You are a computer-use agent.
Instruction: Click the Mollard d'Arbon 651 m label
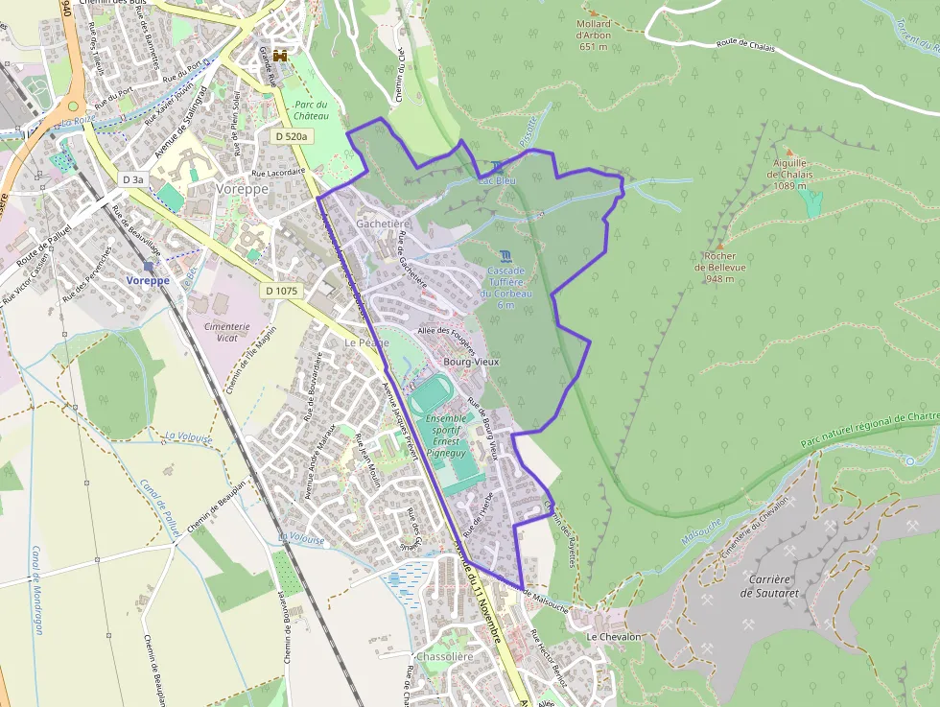tap(594, 35)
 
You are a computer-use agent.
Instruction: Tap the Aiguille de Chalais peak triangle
tap(789, 152)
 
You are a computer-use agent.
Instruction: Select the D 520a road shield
tap(291, 136)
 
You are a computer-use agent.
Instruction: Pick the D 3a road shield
tap(132, 179)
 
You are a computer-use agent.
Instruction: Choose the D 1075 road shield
tap(282, 289)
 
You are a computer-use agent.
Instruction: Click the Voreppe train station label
tap(148, 280)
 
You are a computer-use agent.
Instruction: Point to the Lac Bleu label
tap(497, 179)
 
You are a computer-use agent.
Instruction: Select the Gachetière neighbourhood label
tap(383, 223)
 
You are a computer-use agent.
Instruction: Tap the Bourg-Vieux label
tap(469, 362)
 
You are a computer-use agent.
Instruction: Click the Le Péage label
tap(367, 342)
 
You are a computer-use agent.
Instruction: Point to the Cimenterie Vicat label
tap(226, 332)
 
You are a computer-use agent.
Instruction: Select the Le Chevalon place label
tap(613, 637)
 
